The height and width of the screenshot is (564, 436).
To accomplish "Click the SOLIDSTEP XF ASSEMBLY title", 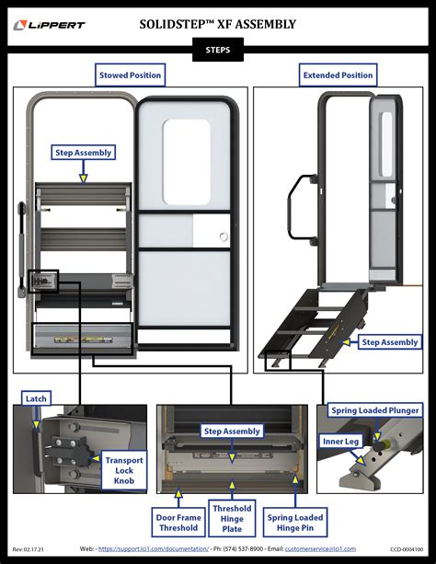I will point(217,24).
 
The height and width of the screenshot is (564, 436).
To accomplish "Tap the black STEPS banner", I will point(217,51).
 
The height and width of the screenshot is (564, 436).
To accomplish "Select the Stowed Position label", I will point(130,75).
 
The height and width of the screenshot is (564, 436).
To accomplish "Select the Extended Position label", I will point(338,75).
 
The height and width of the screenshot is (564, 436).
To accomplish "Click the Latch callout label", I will point(36,398).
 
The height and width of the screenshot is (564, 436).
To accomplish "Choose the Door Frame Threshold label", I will point(177,522).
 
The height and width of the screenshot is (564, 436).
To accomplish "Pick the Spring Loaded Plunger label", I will point(375,409).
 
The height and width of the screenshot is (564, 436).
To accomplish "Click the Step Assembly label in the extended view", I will point(389,342).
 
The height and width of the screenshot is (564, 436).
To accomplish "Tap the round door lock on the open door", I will point(223,237).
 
